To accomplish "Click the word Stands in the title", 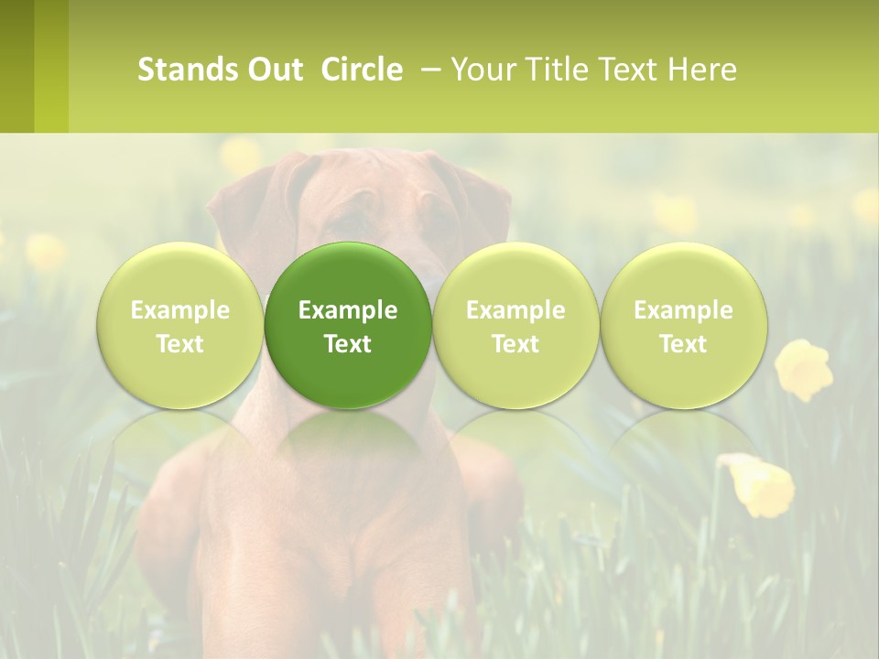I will (187, 70).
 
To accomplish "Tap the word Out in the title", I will (274, 70).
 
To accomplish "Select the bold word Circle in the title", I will (362, 70).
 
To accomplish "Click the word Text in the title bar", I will (627, 70).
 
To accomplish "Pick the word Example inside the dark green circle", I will (348, 310).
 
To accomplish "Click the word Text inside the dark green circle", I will (348, 344).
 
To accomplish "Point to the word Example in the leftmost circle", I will (179, 310).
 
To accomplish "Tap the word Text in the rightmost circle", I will (683, 344).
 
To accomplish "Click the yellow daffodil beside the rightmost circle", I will (803, 369).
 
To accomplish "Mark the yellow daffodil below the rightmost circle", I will (760, 482).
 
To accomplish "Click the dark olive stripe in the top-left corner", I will (16, 66).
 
